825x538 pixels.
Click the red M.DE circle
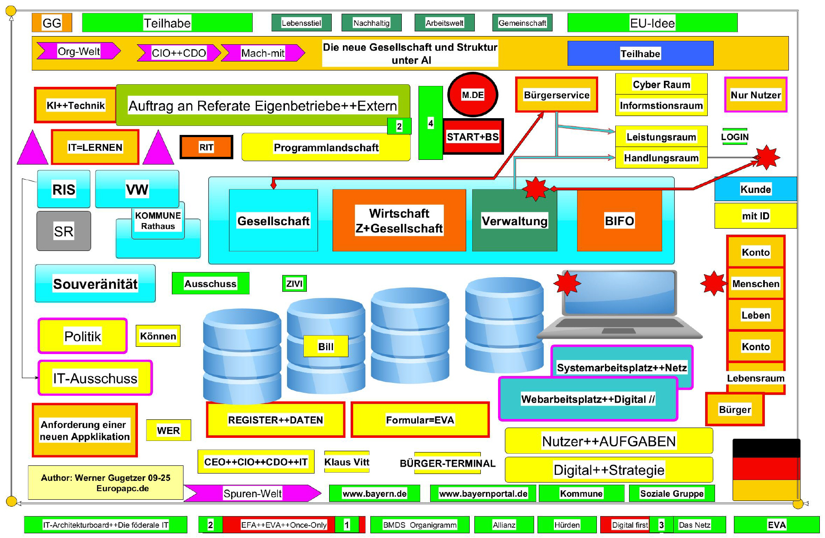(473, 95)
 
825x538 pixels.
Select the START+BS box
(473, 137)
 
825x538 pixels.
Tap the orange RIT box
(206, 147)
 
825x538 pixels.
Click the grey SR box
(64, 231)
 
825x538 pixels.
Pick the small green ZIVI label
(294, 284)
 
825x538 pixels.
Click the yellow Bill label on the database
(326, 346)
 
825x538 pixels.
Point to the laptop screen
(620, 292)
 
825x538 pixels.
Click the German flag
(766, 469)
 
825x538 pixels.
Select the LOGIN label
(735, 137)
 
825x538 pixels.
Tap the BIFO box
(619, 221)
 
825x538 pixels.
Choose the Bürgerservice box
(556, 95)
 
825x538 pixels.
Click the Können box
(158, 336)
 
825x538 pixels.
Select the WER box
(168, 431)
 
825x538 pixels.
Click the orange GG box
(52, 23)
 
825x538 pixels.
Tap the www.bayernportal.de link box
(483, 493)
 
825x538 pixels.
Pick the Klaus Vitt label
(347, 462)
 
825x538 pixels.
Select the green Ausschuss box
(211, 284)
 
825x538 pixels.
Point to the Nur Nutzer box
(755, 95)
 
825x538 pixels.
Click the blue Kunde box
(755, 189)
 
